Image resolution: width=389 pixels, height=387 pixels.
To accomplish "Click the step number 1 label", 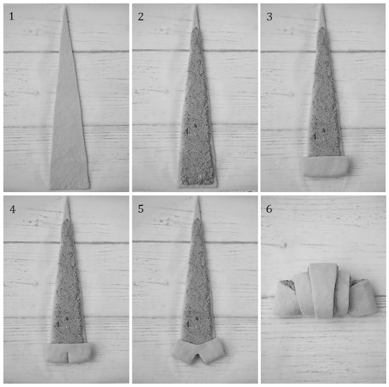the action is [x=12, y=16].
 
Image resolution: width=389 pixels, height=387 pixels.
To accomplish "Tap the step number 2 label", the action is [x=140, y=16].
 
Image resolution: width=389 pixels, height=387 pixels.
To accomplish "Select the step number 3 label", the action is [x=269, y=16].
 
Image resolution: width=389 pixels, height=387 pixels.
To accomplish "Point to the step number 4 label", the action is [x=12, y=210].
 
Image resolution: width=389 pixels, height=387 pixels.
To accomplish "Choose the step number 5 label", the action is [x=140, y=209].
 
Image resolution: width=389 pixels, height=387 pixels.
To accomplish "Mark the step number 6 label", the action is [x=269, y=209].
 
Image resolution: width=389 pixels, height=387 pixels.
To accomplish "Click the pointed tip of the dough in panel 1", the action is [x=66, y=6].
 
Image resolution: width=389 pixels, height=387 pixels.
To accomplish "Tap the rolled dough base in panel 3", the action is [x=326, y=166].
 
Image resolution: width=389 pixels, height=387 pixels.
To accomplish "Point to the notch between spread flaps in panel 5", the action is [x=197, y=356].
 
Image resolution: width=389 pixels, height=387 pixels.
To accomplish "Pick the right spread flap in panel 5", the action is [x=211, y=350].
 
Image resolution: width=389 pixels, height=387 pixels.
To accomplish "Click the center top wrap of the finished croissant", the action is [x=323, y=290].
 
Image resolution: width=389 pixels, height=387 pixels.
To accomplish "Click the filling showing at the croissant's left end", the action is [x=288, y=284].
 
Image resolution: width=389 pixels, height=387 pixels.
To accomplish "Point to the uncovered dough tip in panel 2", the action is [x=196, y=18].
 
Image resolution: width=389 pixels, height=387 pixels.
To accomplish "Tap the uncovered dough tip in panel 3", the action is [x=323, y=17].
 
